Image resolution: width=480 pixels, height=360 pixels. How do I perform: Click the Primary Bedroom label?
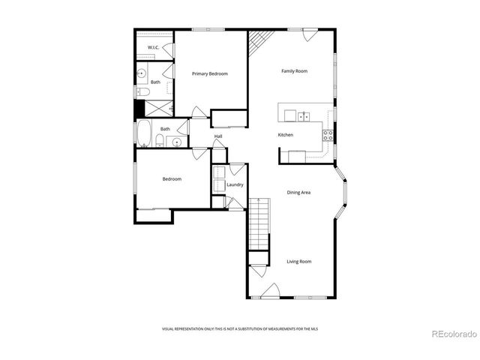coord(209,73)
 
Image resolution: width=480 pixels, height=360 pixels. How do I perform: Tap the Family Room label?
coord(295,71)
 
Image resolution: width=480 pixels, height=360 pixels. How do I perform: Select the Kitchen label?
coord(285,135)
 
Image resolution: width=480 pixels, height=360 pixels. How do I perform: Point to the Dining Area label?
coord(298,193)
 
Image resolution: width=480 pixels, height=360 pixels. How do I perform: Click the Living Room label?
coord(298,262)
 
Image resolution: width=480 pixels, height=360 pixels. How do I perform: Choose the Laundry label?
coord(235,184)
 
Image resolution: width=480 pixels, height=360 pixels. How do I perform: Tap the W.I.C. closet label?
coord(152,48)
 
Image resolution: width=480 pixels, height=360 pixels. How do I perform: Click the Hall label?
coord(218,136)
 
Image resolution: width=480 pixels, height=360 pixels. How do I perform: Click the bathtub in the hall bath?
coord(143,133)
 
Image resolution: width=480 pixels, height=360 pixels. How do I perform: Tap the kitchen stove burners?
coord(328,135)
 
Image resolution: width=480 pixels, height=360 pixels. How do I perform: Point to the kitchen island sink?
coord(303,115)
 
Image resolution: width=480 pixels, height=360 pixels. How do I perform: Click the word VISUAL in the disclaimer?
coord(170,329)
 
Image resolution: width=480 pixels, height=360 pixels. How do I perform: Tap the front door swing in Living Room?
coord(272,289)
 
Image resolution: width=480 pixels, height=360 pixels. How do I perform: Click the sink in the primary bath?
coord(142,73)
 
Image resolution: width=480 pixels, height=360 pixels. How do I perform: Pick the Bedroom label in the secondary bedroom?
coord(172,178)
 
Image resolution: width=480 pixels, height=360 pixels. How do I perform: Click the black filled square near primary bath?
coord(139,107)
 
